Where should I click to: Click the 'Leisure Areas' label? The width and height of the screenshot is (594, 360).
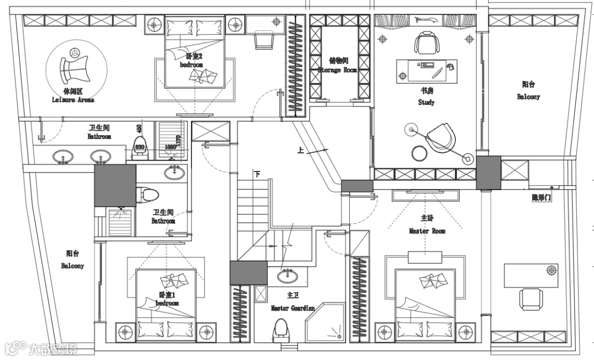click(x=73, y=100)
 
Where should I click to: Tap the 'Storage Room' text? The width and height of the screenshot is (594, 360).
click(x=337, y=70)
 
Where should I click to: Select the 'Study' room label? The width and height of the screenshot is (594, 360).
click(x=426, y=102)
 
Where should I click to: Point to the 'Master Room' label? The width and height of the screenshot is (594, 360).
click(x=427, y=231)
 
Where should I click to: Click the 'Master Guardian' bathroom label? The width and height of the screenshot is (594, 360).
click(x=292, y=308)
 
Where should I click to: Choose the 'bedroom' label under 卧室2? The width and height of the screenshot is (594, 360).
click(x=191, y=65)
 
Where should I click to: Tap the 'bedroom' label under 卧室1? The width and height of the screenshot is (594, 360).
click(x=167, y=303)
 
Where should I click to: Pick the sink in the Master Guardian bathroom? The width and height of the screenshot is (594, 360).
click(x=285, y=275)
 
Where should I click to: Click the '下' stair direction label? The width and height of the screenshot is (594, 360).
click(x=257, y=174)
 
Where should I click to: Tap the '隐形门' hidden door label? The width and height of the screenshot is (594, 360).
click(x=541, y=197)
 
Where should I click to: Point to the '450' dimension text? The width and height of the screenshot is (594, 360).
click(x=139, y=129)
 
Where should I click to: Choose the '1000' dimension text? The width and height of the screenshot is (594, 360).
click(x=171, y=147)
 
